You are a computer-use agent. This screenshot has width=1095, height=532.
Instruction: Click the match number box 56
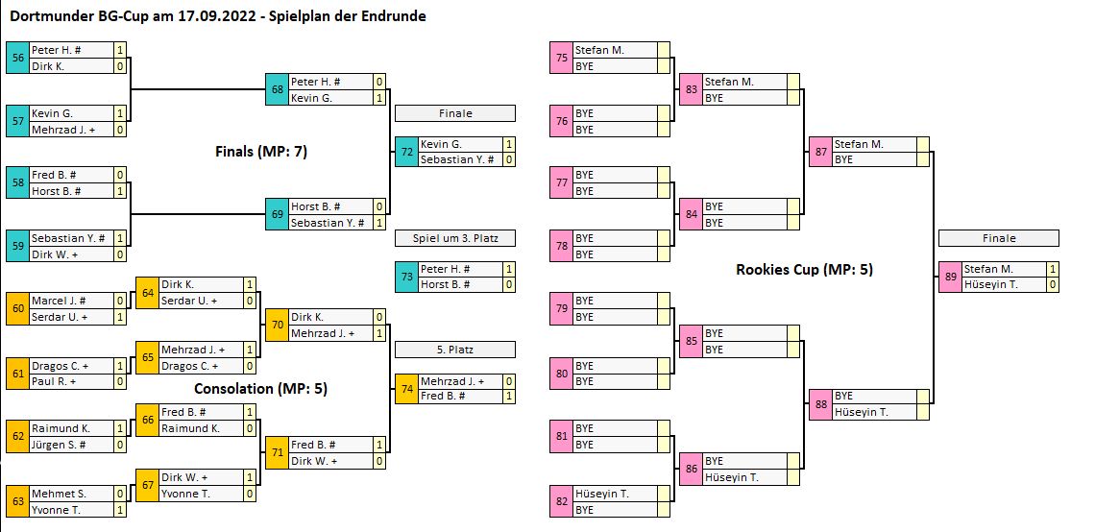coord(17,58)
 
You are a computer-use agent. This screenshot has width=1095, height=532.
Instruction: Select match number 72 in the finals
coord(406,151)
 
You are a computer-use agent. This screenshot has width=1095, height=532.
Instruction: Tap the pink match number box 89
coord(950,277)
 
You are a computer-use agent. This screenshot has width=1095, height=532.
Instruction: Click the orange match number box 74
coord(406,388)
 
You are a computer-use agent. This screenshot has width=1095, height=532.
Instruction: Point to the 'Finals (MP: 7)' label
coord(260,151)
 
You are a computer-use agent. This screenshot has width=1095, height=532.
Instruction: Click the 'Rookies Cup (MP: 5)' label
coord(804,270)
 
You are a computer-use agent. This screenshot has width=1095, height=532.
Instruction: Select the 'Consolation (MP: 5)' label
coord(260,389)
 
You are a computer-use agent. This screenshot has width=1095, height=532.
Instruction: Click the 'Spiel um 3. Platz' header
coord(455,238)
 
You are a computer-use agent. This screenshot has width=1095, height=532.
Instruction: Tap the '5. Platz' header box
coord(455,350)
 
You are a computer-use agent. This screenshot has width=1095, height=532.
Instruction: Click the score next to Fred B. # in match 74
coord(509,397)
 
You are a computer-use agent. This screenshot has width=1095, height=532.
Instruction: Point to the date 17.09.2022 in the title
coord(215,16)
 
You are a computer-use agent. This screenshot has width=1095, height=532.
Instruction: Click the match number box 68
coord(277,89)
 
